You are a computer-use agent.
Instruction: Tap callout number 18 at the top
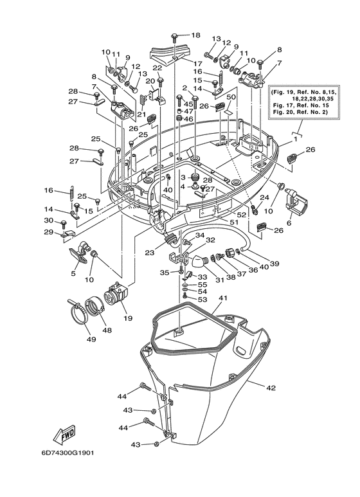coord(195,35)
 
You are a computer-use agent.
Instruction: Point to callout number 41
coord(223,298)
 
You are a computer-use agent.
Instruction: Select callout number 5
coord(73,273)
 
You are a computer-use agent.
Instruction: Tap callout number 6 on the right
coord(289,223)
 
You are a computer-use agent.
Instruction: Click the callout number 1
coord(295,139)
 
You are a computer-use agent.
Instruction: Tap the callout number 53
coord(202,299)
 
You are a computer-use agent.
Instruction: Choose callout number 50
coord(230,96)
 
